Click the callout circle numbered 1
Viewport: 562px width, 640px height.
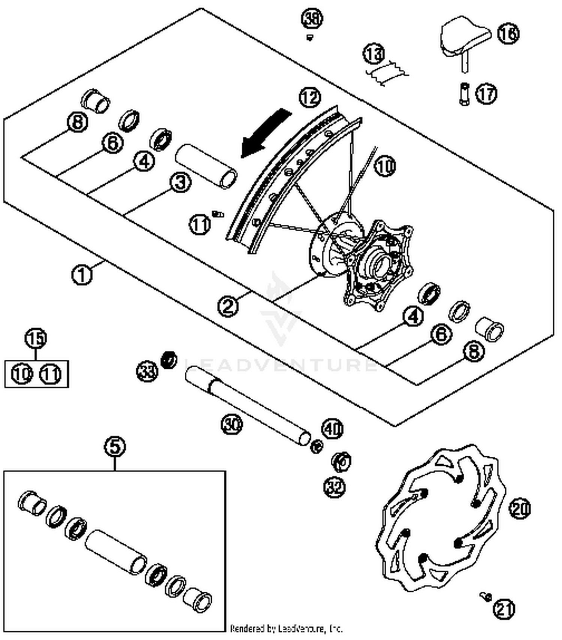point(82,275)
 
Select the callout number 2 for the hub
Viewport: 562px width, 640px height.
point(228,306)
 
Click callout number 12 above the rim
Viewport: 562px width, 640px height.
point(310,98)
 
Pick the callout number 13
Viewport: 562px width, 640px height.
point(374,54)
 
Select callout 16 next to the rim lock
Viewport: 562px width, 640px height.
point(508,34)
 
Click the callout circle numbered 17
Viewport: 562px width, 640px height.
point(486,93)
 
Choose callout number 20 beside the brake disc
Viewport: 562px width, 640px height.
point(520,509)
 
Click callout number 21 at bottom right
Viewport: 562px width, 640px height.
point(504,609)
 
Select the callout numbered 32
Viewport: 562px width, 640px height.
point(334,487)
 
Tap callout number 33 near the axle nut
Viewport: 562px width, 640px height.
point(147,372)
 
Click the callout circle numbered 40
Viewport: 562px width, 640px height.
point(333,428)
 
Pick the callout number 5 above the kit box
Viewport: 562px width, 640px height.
point(115,446)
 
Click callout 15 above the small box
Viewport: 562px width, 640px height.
point(36,338)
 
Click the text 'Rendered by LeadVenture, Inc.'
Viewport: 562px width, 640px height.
point(286,628)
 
